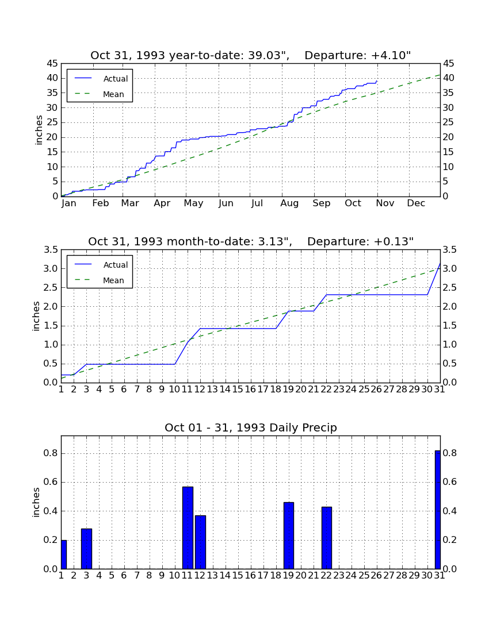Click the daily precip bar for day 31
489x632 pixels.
tap(438, 510)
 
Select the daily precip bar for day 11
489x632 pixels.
tap(188, 527)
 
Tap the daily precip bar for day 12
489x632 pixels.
tap(201, 542)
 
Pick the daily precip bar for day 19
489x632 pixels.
tap(288, 535)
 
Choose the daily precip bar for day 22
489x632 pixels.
tap(326, 538)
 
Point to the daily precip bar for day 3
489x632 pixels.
tap(86, 549)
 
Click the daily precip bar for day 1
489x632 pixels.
tap(64, 554)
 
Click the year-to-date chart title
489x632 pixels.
tap(251, 55)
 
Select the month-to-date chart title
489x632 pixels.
tap(251, 241)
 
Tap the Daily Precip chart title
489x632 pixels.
tap(251, 427)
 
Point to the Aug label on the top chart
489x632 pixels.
tap(289, 203)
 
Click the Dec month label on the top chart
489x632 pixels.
tap(416, 203)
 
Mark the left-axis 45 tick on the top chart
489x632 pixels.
tap(53, 64)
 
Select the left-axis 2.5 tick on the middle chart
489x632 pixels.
tap(51, 288)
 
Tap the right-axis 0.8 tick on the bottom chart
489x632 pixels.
tap(449, 453)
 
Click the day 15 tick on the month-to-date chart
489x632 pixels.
tap(238, 390)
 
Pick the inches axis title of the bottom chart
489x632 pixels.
tap(36, 502)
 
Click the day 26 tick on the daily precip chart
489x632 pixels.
tap(376, 576)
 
